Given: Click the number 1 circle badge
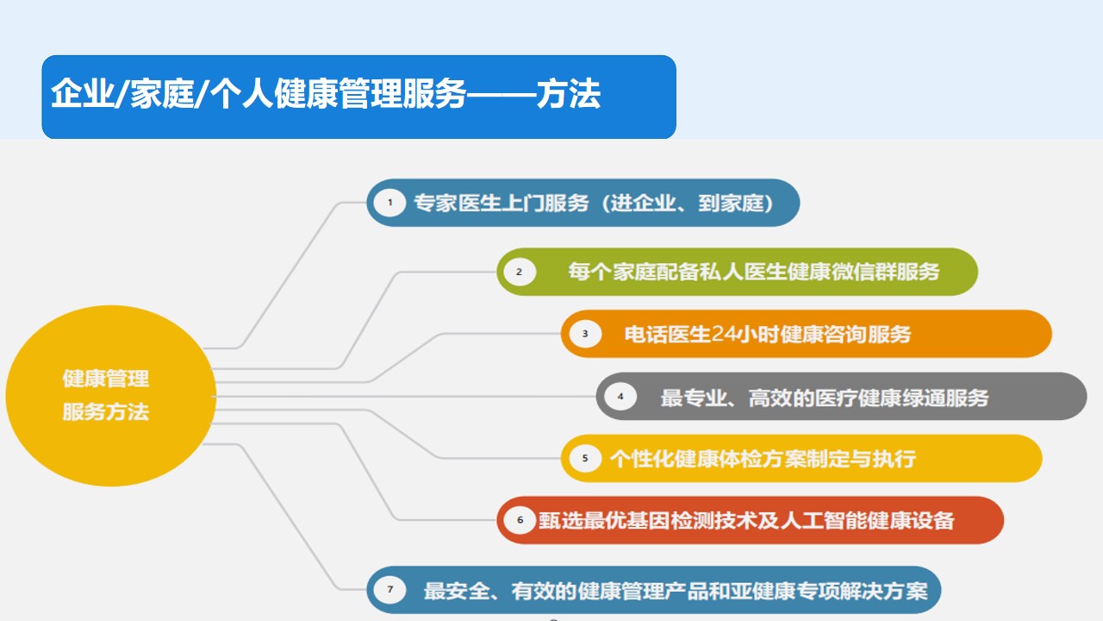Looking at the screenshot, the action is tap(390, 203).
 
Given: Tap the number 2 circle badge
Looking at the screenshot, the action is tap(519, 272).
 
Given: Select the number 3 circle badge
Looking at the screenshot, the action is tap(585, 334).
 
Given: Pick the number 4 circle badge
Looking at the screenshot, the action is tap(620, 396).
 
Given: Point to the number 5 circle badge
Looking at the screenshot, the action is tap(585, 458).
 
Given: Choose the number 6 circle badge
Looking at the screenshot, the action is tap(520, 520).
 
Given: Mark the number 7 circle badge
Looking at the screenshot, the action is tap(390, 589).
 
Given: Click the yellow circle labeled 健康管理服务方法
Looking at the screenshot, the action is tap(111, 396).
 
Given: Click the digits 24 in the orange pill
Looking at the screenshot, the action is tap(724, 334).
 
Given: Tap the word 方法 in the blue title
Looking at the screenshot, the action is tap(568, 94).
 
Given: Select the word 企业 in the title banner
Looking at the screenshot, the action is tap(83, 94).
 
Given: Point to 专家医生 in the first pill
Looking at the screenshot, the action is tap(457, 203).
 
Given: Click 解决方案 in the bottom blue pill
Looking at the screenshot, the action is tap(884, 591).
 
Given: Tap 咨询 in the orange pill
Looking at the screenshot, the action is tap(846, 334).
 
